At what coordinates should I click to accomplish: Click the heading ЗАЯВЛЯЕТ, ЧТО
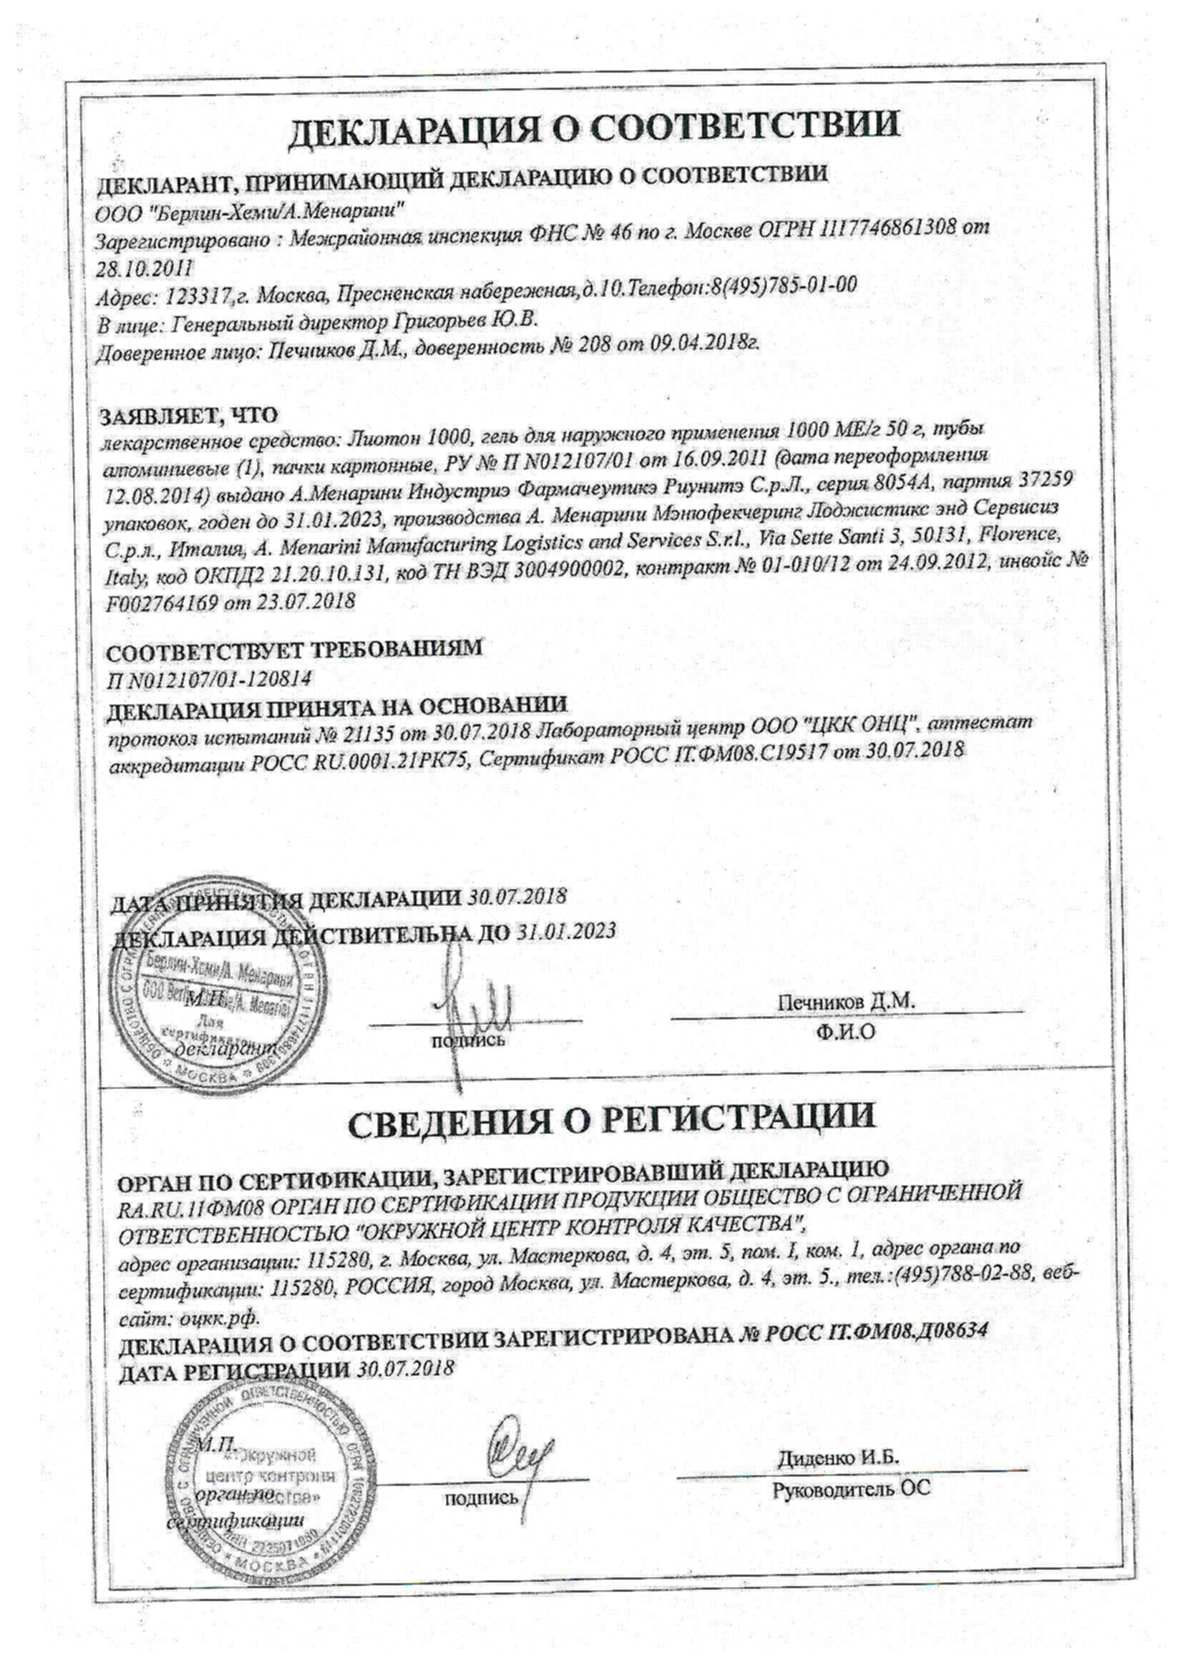[x=189, y=415]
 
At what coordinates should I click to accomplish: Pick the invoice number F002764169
[x=167, y=602]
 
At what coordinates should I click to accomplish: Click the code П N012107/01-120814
[x=208, y=679]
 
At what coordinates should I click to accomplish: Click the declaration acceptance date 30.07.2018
[x=517, y=898]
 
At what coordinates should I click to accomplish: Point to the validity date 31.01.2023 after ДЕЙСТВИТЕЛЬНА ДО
[x=566, y=931]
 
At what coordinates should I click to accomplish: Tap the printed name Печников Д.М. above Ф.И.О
[x=844, y=1002]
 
